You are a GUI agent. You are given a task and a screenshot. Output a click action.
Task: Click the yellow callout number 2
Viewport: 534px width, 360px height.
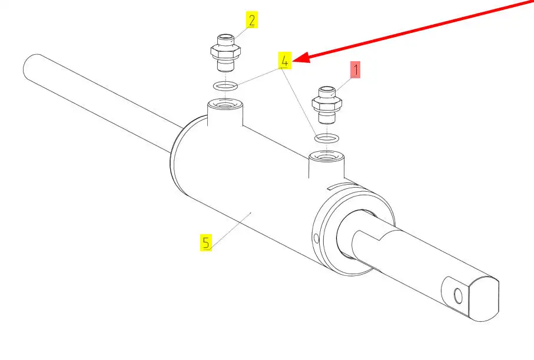[x=251, y=20]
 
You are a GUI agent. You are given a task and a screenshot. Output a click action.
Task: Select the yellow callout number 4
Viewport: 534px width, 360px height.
[x=285, y=61]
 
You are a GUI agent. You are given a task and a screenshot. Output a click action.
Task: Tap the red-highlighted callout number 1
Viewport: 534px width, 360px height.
[x=356, y=70]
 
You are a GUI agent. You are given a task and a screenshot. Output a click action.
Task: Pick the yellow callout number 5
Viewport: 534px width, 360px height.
[x=205, y=242]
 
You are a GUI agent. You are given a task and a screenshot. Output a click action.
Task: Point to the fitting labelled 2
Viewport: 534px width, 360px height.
[x=225, y=52]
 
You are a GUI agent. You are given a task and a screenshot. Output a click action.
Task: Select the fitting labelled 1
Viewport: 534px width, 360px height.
[x=327, y=105]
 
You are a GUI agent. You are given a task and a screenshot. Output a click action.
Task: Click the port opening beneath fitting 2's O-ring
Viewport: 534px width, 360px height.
[x=225, y=103]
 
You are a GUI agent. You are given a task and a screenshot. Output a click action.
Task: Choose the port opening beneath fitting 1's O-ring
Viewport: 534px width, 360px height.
[x=326, y=156]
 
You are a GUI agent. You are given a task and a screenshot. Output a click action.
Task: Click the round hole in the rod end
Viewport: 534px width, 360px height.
[x=459, y=296]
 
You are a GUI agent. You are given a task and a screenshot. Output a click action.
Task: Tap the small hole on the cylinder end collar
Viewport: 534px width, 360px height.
[x=316, y=238]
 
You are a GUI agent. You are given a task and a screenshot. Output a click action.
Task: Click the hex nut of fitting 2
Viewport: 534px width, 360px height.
[x=225, y=52]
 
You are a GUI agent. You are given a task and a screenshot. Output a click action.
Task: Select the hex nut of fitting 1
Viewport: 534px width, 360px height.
[x=327, y=104]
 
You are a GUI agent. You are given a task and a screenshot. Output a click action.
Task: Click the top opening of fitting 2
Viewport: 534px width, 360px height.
[x=225, y=36]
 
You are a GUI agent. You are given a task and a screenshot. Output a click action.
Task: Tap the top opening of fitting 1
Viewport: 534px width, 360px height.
[x=327, y=89]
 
